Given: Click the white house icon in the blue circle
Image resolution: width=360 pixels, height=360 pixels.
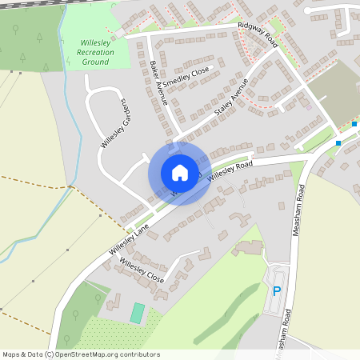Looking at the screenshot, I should [x=179, y=173].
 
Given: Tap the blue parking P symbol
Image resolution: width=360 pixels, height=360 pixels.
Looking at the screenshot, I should [x=277, y=292].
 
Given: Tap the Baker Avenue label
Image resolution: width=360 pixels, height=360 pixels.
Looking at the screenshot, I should [x=158, y=82].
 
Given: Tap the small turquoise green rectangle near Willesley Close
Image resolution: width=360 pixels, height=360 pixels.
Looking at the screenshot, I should [x=138, y=313].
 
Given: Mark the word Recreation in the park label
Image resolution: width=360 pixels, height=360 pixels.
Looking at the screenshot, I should [x=95, y=52].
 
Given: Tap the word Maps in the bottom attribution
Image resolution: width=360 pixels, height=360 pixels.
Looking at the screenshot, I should [x=12, y=354].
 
